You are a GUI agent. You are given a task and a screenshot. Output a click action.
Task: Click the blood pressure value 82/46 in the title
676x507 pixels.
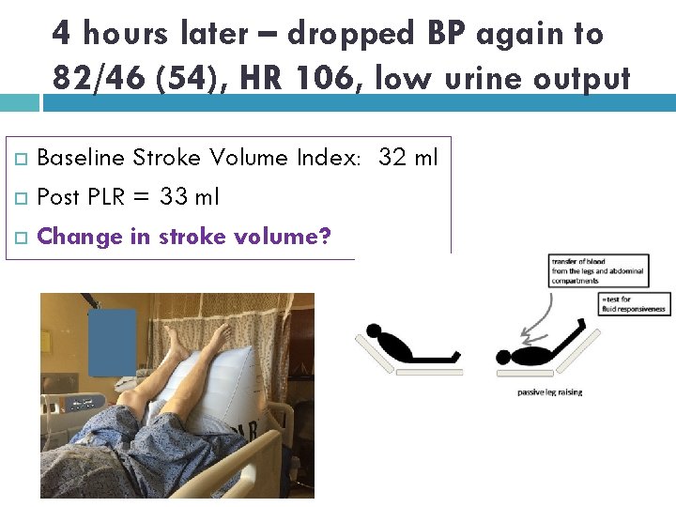94,78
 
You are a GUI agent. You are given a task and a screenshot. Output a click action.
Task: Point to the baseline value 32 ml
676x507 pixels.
407,157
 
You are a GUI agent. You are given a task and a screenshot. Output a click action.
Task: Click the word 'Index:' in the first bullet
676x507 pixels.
331,157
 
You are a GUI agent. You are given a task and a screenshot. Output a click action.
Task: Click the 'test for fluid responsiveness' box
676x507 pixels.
636,303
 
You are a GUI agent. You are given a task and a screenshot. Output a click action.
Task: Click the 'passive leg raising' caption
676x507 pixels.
549,392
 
